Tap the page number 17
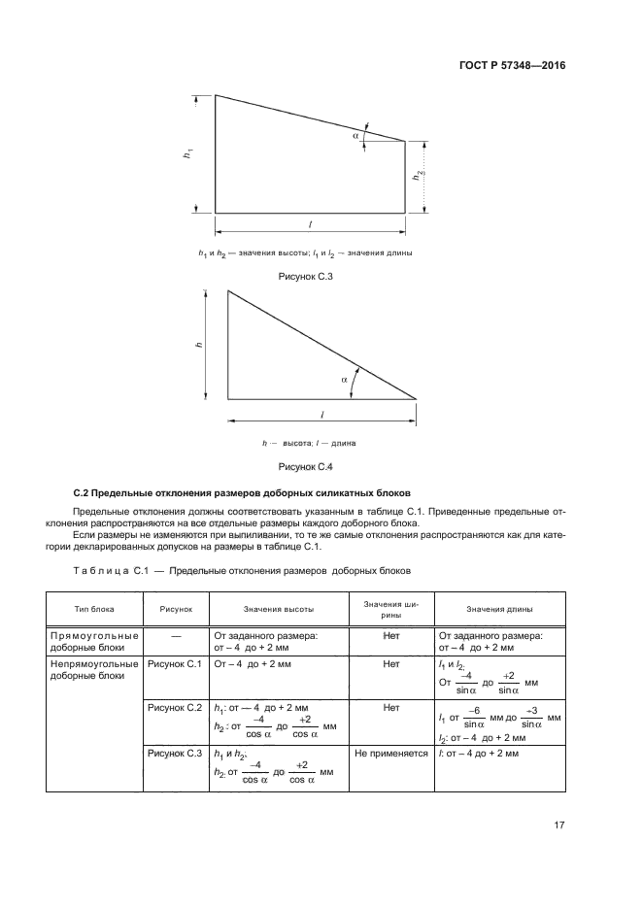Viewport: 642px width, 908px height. point(559,825)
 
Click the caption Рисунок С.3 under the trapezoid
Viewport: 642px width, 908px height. point(306,276)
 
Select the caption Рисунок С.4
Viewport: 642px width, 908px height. point(306,466)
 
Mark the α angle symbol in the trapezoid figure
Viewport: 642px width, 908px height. point(356,136)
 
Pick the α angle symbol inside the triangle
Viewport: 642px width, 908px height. point(345,381)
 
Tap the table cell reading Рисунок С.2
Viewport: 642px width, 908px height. point(174,708)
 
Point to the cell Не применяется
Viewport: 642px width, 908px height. point(391,753)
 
